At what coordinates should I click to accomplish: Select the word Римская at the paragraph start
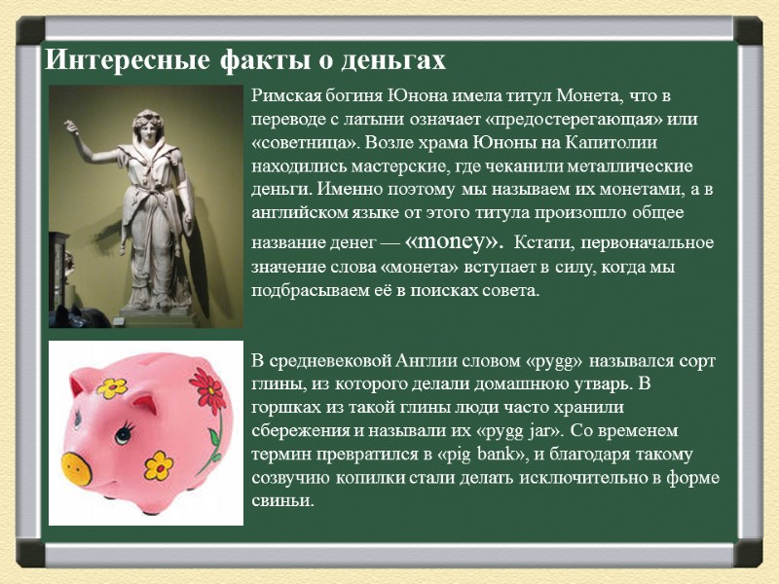point(283,96)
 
